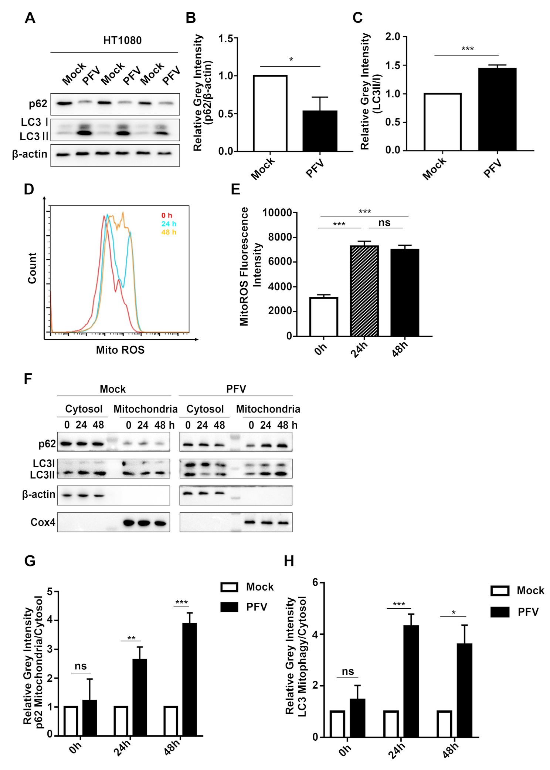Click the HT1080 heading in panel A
tap(122, 40)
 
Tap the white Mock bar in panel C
tap(442, 122)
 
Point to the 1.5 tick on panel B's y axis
tap(225, 38)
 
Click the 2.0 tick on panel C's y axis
tap(393, 37)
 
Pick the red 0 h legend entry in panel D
tap(167, 215)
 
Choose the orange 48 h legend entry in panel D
tap(169, 232)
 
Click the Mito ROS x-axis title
tap(120, 350)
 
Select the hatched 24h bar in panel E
tap(364, 291)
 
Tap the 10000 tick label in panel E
tap(277, 213)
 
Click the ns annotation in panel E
tap(384, 223)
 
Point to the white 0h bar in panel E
tap(323, 317)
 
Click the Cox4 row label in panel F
tap(43, 522)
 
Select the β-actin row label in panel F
tap(38, 494)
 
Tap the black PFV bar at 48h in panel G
tap(189, 679)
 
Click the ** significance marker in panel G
tap(131, 638)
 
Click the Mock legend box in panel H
tap(500, 591)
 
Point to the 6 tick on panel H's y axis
tap(315, 582)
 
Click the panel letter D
tap(29, 189)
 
